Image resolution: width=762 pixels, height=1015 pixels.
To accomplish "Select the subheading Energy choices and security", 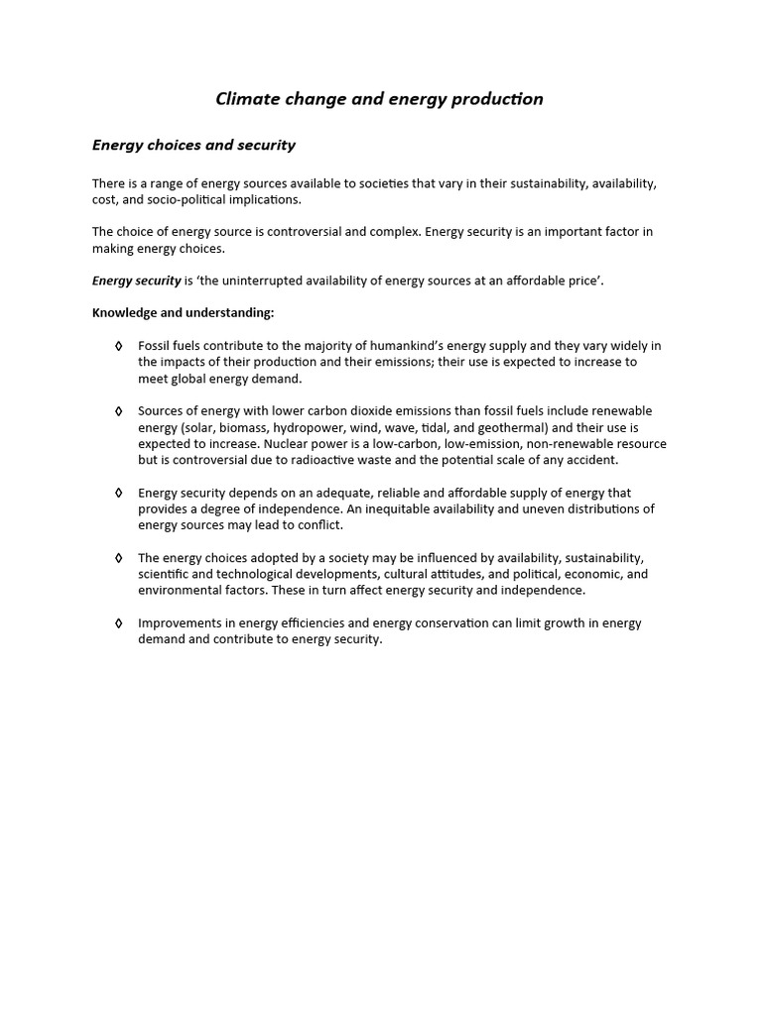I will (x=193, y=145).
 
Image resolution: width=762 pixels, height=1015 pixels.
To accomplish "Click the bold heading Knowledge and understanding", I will (x=183, y=312).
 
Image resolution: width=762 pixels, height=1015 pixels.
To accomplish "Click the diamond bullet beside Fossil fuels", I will (x=119, y=346).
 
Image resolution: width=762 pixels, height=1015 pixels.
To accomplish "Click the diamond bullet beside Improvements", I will (x=119, y=623).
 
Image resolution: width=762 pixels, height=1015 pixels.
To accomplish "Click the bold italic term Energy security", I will (x=137, y=281).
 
